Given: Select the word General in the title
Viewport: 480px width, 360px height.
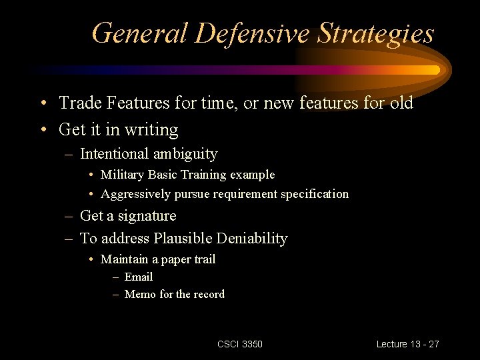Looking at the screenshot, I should (x=138, y=33).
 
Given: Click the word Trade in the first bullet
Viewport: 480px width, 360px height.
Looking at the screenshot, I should (x=79, y=103).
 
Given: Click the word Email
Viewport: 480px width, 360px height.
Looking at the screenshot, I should (x=139, y=277).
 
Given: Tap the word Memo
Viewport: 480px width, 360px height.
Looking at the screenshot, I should (x=141, y=294).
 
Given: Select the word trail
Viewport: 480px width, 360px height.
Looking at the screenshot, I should (x=204, y=259).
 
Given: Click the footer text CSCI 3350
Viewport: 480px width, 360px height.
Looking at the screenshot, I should (x=240, y=344).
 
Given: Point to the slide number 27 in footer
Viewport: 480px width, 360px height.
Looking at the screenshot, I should (x=433, y=344).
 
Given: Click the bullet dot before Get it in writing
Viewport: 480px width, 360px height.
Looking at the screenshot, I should (x=42, y=129).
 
